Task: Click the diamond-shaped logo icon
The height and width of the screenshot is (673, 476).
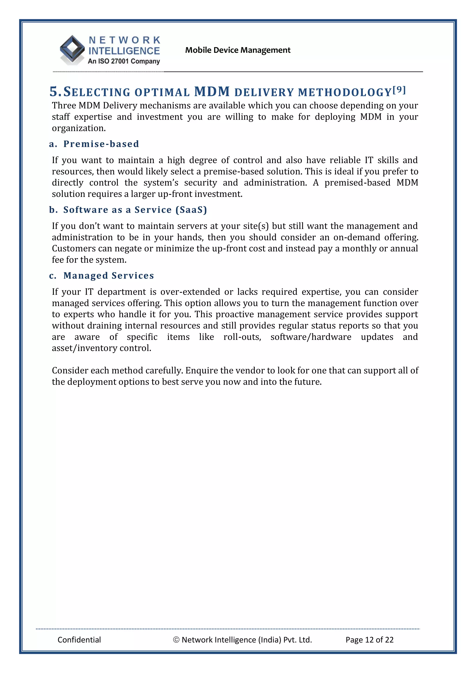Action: (72, 49)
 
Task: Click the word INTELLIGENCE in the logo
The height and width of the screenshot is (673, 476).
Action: (124, 51)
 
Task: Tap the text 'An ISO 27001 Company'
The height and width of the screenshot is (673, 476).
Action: (124, 61)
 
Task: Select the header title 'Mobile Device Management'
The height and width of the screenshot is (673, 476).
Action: (238, 50)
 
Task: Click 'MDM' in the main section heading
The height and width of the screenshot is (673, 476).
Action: (212, 92)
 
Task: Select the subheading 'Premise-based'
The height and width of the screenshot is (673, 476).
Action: (101, 144)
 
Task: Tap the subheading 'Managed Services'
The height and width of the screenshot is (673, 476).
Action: (109, 276)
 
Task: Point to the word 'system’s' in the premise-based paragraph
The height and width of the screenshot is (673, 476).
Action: (161, 183)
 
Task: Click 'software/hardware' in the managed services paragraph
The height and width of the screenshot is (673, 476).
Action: (311, 337)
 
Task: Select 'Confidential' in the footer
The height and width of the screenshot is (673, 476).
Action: (79, 640)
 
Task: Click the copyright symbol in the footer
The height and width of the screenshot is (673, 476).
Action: (176, 640)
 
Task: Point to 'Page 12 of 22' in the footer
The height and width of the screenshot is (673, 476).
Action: (369, 640)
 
